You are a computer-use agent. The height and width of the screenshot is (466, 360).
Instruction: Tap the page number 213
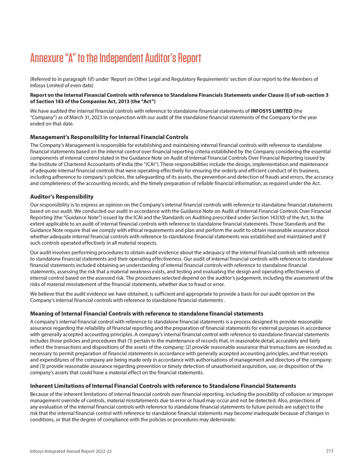point(330,451)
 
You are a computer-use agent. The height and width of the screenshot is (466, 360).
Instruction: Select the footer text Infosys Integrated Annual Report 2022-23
point(71,451)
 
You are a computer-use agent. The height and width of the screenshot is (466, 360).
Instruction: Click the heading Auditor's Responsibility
point(62,197)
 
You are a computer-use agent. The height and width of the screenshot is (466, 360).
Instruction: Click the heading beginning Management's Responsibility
point(109,137)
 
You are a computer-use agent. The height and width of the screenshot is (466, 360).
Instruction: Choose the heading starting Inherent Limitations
point(163,386)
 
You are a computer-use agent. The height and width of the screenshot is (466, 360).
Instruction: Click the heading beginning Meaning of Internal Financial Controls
point(146,313)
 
